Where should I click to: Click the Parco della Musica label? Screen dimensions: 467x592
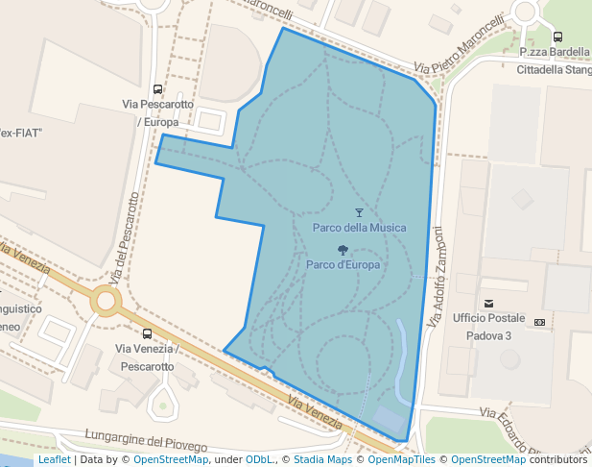[359, 228]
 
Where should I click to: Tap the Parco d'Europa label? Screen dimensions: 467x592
[343, 264]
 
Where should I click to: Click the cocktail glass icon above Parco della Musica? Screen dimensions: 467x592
[360, 212]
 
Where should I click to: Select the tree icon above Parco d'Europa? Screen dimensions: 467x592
[343, 250]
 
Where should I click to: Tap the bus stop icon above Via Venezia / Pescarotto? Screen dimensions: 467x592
[146, 333]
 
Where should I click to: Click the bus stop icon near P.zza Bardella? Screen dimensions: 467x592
[557, 37]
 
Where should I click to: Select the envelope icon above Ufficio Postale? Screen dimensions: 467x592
[488, 304]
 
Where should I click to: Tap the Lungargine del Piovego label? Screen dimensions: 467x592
[145, 440]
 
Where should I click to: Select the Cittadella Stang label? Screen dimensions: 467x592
[554, 69]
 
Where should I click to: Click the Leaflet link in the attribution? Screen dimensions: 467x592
[54, 460]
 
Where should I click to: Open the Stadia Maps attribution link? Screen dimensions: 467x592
[322, 460]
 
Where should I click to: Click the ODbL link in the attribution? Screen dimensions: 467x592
[261, 460]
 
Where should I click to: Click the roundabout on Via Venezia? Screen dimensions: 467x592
[106, 303]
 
